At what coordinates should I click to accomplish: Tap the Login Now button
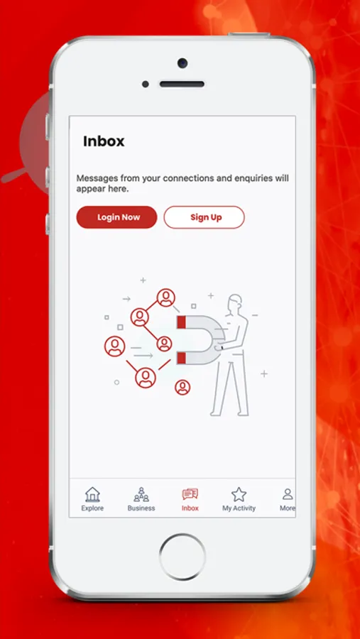point(116,217)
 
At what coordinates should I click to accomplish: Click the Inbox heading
point(104,141)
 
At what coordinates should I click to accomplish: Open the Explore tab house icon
point(92,494)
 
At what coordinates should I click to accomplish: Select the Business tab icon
point(141,494)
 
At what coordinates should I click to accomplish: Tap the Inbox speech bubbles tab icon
point(190,494)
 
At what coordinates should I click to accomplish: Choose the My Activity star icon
point(239,494)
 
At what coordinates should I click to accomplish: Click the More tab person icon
point(288,494)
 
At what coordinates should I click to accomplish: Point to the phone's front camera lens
point(182,63)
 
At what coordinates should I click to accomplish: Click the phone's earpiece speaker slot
point(182,84)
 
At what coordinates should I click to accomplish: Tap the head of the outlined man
point(235,302)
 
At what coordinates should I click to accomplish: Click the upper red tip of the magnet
point(182,322)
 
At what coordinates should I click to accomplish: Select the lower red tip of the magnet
point(182,359)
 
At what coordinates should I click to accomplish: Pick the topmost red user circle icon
point(166,297)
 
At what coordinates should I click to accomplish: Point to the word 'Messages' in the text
point(94,178)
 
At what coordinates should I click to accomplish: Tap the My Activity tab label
point(239,508)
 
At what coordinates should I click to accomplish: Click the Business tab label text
point(141,508)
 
